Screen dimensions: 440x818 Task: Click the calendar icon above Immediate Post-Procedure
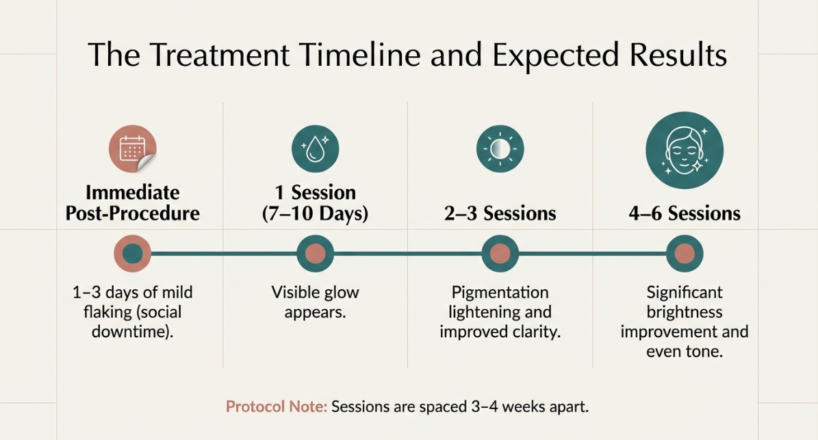coord(133,149)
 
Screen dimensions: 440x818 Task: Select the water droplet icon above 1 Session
coord(315,148)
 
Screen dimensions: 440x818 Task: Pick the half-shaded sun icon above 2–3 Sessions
coord(500,148)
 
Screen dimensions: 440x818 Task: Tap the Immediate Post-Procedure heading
coord(133,203)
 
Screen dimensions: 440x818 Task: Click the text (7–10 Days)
coord(315,214)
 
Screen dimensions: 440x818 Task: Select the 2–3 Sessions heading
coord(500,214)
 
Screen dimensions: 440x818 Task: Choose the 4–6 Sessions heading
coord(685,214)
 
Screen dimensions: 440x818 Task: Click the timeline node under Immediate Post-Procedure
coord(133,254)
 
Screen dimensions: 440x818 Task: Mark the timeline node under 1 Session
coord(315,254)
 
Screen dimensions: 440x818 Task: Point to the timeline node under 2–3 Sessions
coord(500,254)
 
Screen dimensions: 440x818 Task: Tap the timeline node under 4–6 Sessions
coord(685,254)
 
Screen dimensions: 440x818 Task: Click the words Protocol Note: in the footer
coord(277,406)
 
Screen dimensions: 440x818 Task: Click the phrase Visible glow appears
coord(315,302)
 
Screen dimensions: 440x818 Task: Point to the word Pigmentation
coord(500,293)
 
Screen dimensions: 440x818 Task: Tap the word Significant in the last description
coord(685,293)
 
